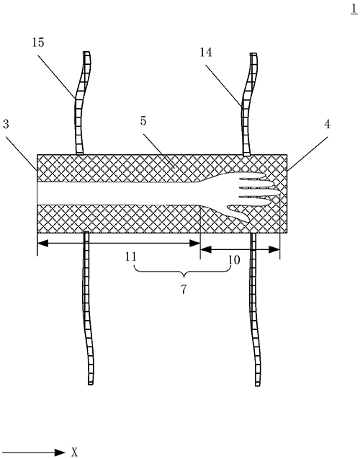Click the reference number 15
(38, 43)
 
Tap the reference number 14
(206, 53)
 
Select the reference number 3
(6, 124)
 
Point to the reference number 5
(143, 121)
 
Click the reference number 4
(328, 125)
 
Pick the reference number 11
(131, 257)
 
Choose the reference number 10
(234, 259)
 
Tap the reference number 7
(184, 289)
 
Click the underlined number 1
(354, 9)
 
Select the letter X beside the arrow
(75, 452)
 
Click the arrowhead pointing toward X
(60, 453)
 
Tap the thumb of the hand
(238, 213)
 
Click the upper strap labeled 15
(81, 103)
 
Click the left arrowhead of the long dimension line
(42, 243)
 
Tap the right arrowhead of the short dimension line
(274, 249)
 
